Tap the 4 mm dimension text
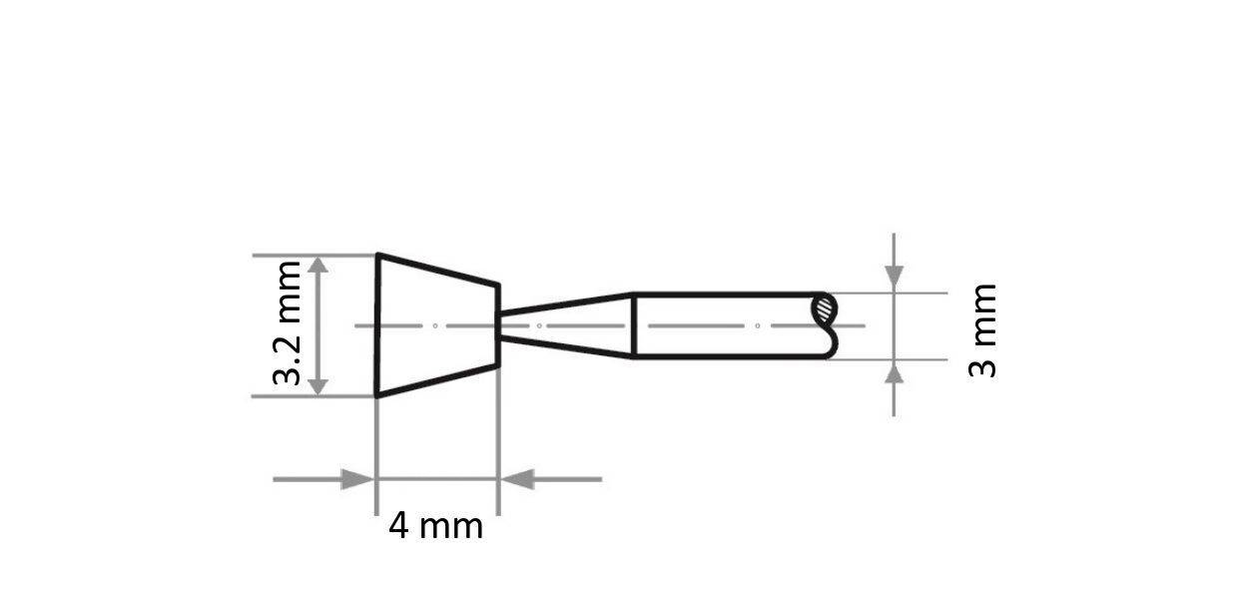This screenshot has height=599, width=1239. pyautogui.click(x=435, y=526)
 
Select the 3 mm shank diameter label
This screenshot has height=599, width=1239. pyautogui.click(x=983, y=329)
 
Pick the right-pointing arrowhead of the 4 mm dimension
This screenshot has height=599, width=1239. pyautogui.click(x=357, y=479)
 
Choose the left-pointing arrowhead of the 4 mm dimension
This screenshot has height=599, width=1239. pyautogui.click(x=516, y=479)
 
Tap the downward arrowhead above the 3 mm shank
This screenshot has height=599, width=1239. pyautogui.click(x=894, y=280)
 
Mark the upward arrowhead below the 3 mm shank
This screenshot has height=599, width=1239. pyautogui.click(x=894, y=372)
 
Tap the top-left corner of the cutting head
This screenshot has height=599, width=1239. pyautogui.click(x=377, y=255)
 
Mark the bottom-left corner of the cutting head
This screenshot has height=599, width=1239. pyautogui.click(x=377, y=395)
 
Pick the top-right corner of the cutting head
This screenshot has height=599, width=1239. pyautogui.click(x=497, y=285)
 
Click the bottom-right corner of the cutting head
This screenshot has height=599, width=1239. pyautogui.click(x=497, y=366)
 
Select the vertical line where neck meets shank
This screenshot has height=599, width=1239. pyautogui.click(x=634, y=325)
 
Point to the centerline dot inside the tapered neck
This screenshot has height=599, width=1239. pyautogui.click(x=539, y=325)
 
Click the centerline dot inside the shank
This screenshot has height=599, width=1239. pyautogui.click(x=758, y=325)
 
